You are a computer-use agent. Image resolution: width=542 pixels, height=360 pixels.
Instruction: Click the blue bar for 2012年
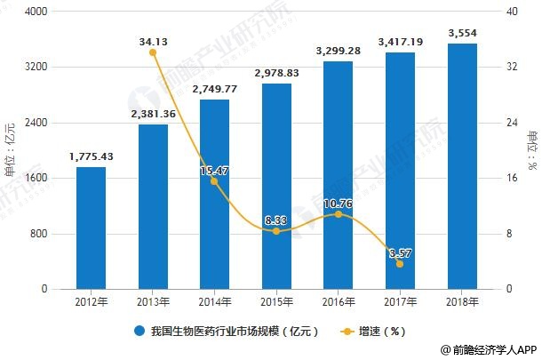(x=91, y=228)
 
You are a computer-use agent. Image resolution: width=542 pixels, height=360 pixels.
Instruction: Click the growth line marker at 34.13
(x=153, y=52)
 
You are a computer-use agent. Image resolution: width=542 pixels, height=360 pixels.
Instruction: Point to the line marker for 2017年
(x=400, y=264)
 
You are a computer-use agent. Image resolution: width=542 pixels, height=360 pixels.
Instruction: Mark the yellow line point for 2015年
(x=275, y=231)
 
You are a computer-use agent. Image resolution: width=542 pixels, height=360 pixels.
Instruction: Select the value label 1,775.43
(x=91, y=157)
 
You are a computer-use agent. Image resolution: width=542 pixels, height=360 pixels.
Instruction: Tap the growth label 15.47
(x=214, y=169)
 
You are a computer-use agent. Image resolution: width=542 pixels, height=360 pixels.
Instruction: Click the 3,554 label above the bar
(x=461, y=34)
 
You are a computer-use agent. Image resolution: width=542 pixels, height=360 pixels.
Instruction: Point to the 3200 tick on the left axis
(x=36, y=67)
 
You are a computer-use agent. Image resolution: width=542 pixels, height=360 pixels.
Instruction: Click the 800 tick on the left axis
(x=38, y=234)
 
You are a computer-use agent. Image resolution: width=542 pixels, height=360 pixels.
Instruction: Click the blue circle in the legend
(x=140, y=332)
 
